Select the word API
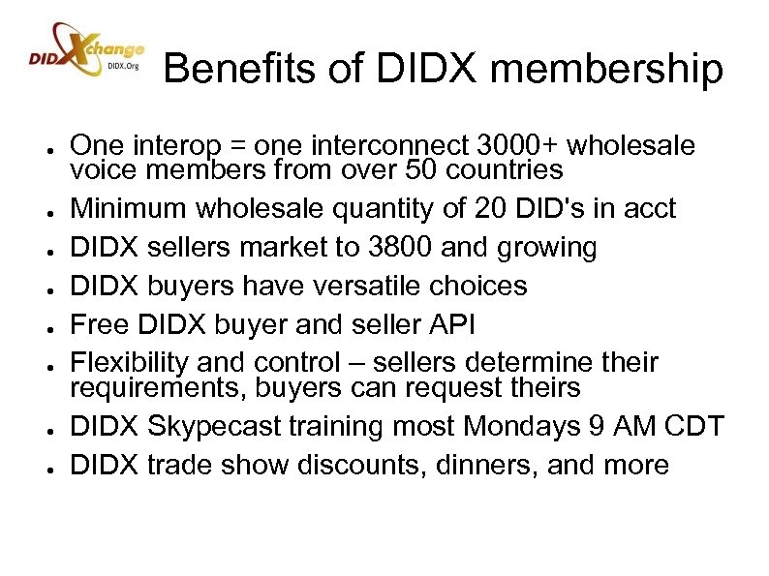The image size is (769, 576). pyautogui.click(x=452, y=324)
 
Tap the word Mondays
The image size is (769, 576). pyautogui.click(x=533, y=426)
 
